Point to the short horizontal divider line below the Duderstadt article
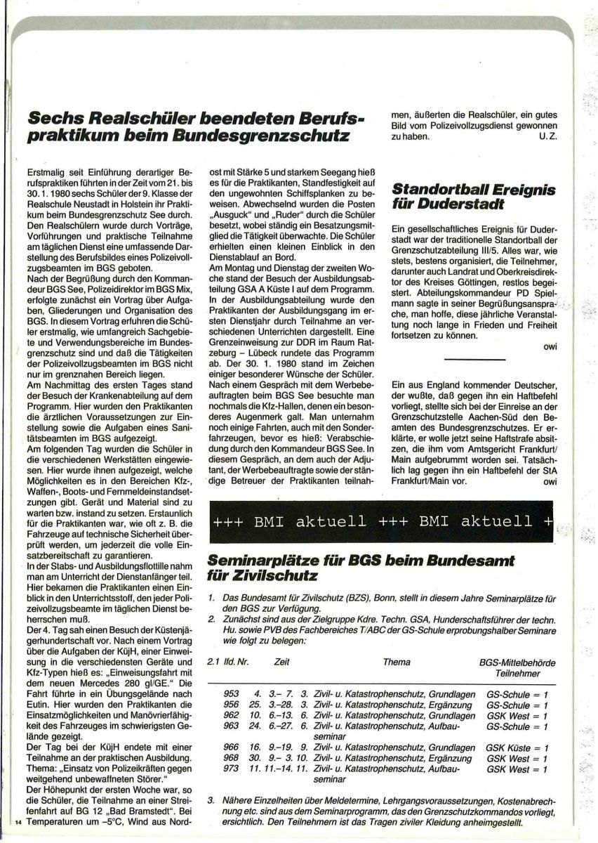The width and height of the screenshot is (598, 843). pyautogui.click(x=475, y=360)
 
